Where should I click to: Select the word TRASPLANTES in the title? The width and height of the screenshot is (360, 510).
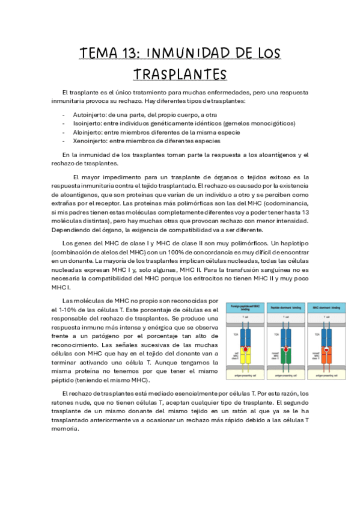click(x=180, y=74)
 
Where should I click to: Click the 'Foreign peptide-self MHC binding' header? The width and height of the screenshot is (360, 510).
click(x=246, y=307)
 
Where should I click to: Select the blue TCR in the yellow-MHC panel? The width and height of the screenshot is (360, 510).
click(x=246, y=334)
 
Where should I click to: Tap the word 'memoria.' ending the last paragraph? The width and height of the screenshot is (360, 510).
click(x=64, y=429)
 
